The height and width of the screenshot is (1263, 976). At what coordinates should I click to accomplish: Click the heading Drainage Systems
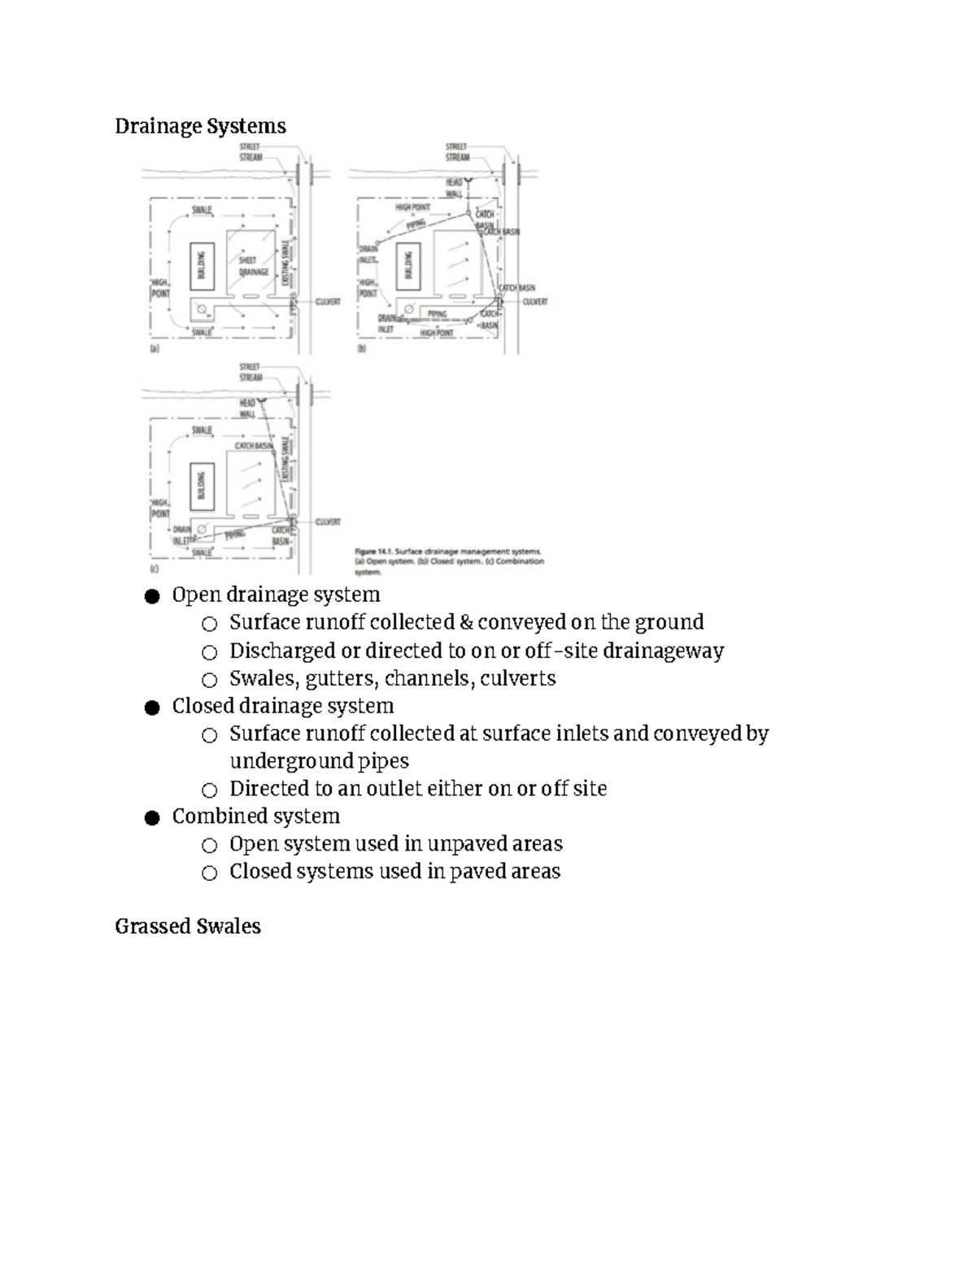[200, 126]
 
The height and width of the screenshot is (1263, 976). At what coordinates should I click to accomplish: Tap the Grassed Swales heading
[188, 926]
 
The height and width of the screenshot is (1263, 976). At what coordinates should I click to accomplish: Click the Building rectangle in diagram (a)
[202, 266]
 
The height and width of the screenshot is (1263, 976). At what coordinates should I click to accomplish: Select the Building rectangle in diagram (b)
[409, 265]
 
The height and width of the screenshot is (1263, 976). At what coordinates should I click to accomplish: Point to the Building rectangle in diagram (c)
[202, 486]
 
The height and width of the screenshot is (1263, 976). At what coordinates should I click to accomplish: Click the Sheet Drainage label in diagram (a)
[254, 266]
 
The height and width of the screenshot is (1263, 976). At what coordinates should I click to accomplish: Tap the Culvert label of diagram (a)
[328, 301]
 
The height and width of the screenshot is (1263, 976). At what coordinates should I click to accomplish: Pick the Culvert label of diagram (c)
[328, 522]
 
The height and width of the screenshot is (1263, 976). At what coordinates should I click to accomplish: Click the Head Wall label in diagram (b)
[453, 188]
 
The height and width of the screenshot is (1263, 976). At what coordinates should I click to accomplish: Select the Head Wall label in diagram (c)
[247, 408]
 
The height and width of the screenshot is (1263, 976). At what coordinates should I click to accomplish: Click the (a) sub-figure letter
[153, 349]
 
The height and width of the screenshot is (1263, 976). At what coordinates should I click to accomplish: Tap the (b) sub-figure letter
[362, 349]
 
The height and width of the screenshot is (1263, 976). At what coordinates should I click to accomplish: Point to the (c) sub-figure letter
[153, 569]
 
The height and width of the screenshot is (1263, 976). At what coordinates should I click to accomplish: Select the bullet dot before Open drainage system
[151, 596]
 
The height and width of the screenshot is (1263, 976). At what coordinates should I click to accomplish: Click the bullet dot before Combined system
[151, 817]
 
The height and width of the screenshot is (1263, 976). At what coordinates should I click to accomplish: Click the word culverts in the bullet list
[518, 678]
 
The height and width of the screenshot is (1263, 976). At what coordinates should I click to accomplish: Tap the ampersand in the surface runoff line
[465, 622]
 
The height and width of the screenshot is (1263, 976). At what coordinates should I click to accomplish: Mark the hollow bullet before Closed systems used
[210, 873]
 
